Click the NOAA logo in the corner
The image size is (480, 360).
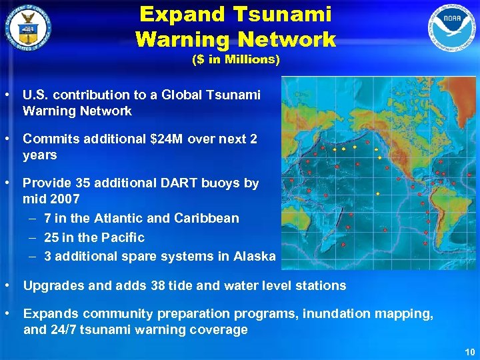coord(451,27)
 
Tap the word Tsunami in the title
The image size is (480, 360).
coord(288,14)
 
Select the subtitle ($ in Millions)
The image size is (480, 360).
coord(236,59)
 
